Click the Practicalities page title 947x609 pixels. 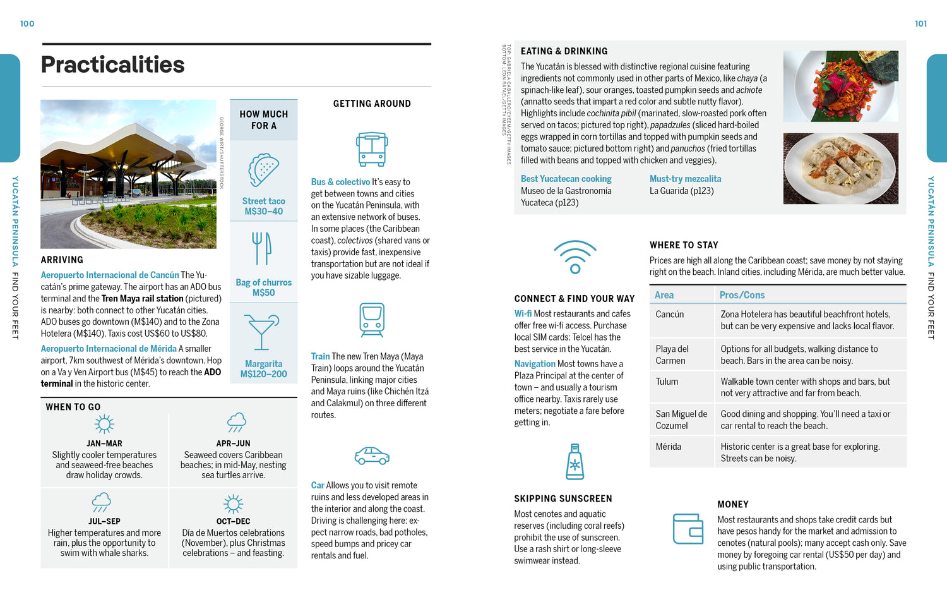(112, 64)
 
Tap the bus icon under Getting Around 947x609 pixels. (372, 149)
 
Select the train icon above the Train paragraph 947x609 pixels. (372, 320)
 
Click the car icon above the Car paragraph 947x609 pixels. (372, 455)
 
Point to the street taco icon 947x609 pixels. (263, 170)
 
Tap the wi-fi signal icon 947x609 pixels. (575, 256)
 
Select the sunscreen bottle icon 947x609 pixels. (575, 461)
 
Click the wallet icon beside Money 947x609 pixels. (688, 529)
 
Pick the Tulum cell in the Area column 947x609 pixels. (667, 382)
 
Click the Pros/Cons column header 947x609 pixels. (742, 295)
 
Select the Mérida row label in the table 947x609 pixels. (668, 447)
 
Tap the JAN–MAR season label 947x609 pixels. (104, 443)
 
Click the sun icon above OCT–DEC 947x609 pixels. (233, 503)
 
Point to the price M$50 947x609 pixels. (263, 293)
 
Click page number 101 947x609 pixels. (920, 24)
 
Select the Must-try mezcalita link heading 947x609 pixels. (685, 179)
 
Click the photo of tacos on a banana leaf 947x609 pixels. (840, 87)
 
